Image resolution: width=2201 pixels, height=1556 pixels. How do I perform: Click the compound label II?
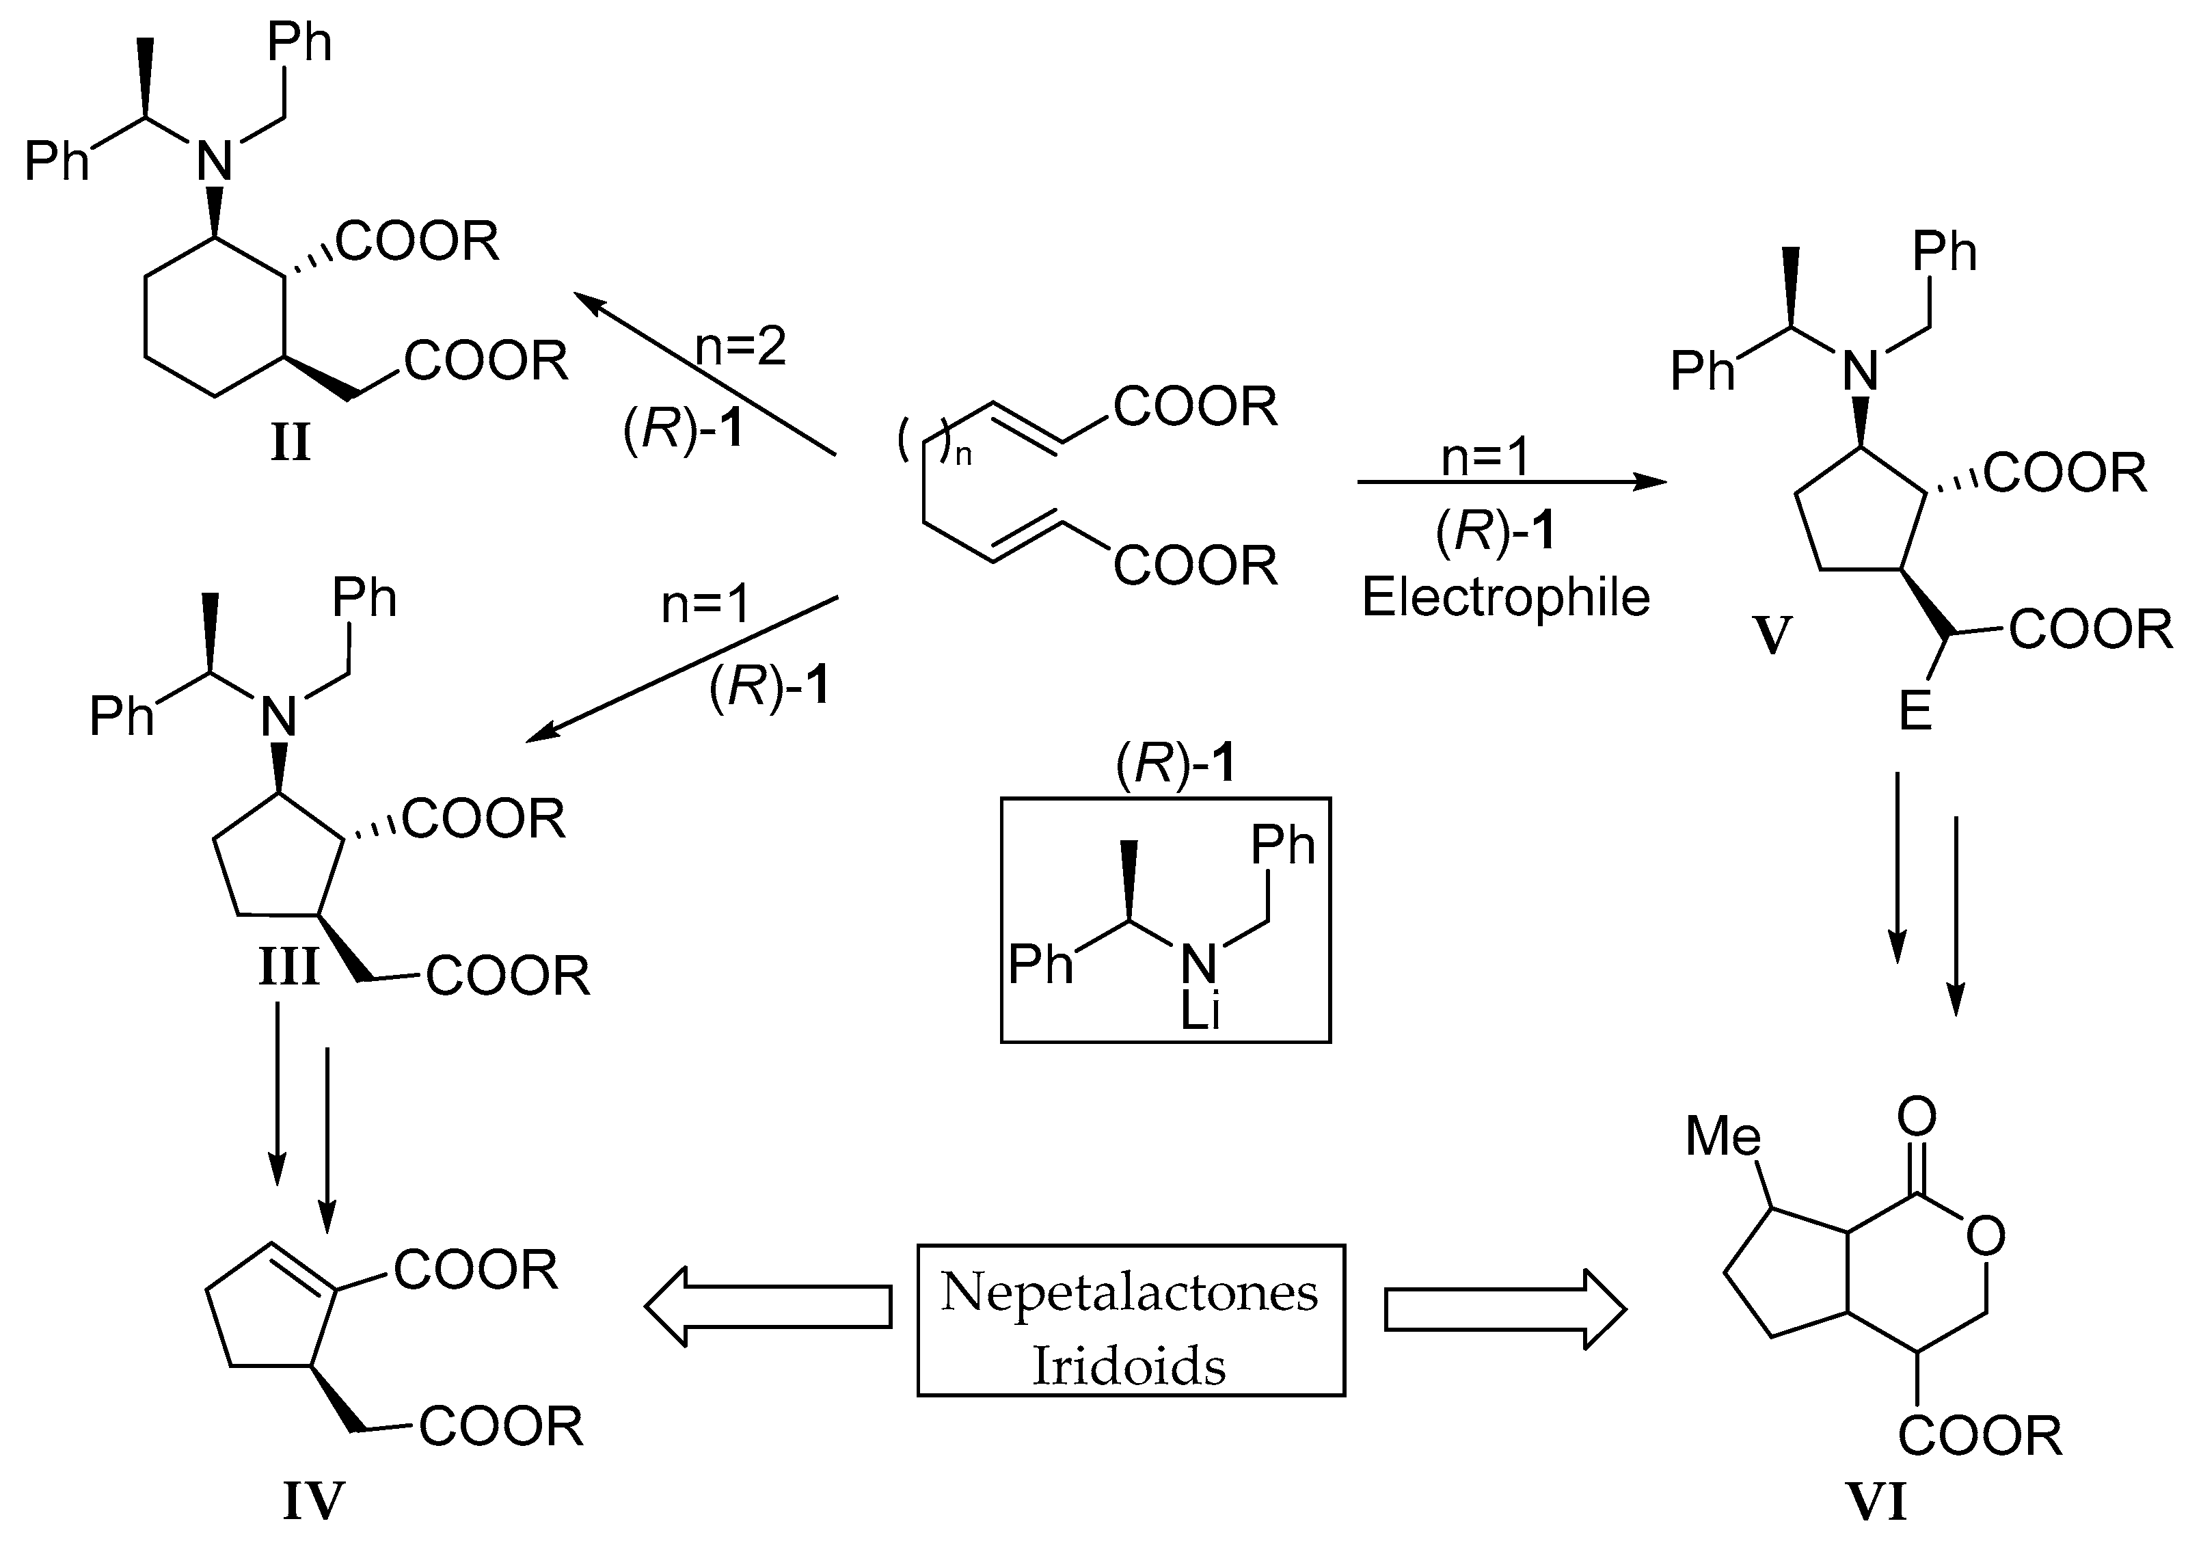[291, 443]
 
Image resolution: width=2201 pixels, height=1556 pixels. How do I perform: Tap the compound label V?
[1772, 634]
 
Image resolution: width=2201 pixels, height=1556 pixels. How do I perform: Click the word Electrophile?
[1505, 598]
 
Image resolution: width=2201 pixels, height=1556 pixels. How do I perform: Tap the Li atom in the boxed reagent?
[1200, 1010]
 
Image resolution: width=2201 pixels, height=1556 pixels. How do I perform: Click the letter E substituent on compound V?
[1915, 713]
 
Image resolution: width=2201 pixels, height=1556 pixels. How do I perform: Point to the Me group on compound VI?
[1723, 1136]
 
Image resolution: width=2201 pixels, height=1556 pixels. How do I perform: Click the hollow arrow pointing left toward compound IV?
[767, 1306]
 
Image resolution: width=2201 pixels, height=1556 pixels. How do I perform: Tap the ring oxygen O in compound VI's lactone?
[1985, 1236]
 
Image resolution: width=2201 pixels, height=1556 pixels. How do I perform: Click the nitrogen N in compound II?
[215, 161]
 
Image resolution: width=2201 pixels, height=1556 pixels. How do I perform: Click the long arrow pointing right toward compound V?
[1512, 482]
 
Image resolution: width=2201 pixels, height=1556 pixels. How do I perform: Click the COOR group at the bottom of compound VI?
[1980, 1436]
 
